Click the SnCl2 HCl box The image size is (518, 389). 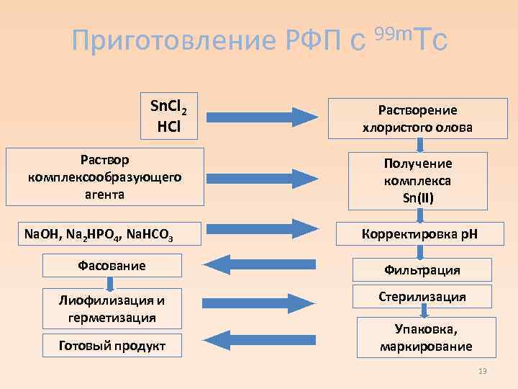point(168,117)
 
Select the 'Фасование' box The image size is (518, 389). point(112,266)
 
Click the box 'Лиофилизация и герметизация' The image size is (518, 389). point(112,308)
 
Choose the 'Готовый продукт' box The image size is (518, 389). point(112,346)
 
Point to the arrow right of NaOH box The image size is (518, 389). point(262,231)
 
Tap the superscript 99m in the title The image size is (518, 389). point(393,32)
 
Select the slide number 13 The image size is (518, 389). point(483,371)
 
